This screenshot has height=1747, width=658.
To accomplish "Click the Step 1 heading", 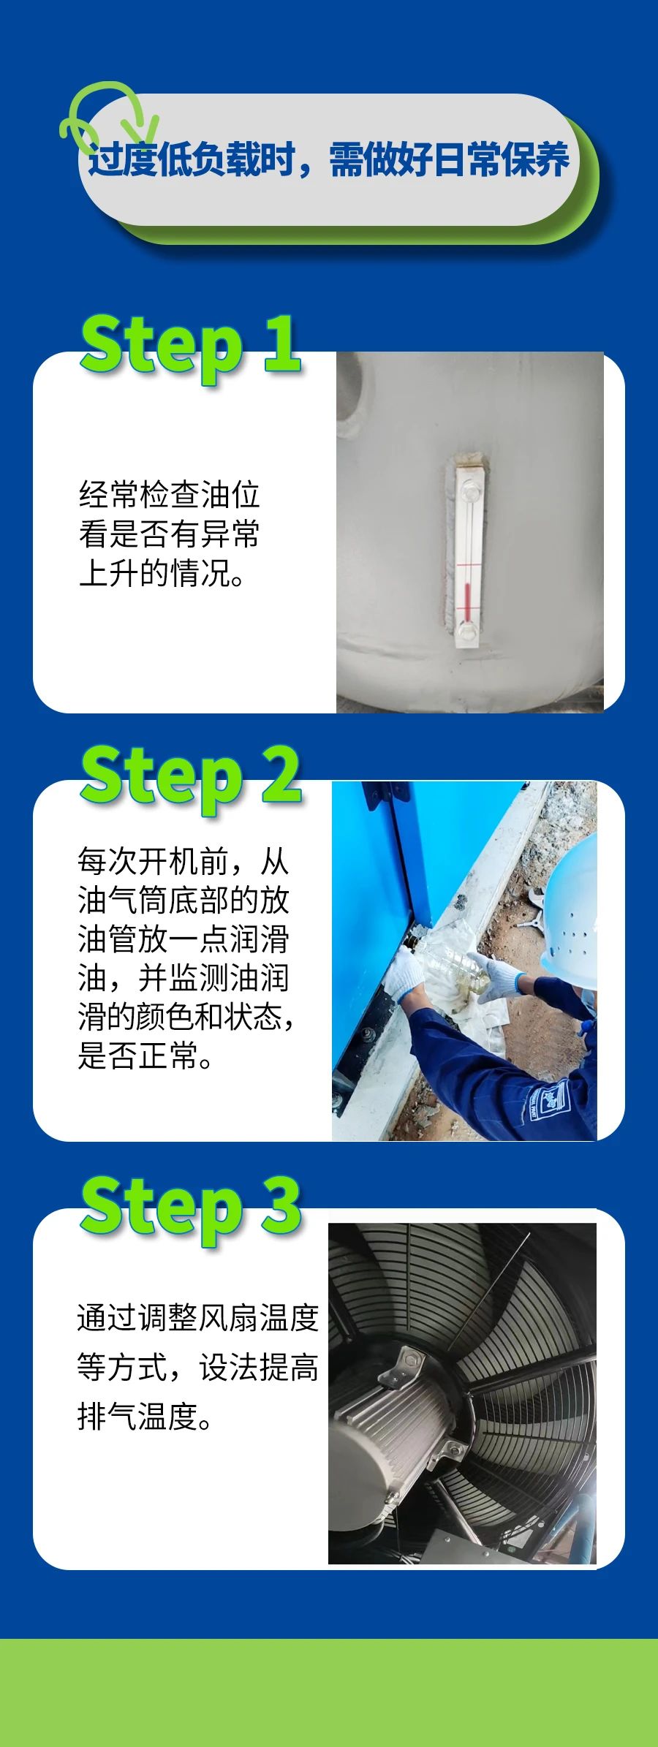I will click(x=190, y=344).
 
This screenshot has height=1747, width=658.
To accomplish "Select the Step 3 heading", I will click(x=190, y=1205).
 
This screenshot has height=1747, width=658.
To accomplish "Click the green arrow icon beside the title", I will click(x=110, y=117).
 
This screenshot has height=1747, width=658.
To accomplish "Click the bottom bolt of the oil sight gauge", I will click(x=466, y=630).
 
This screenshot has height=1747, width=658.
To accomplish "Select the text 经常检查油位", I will click(x=169, y=495).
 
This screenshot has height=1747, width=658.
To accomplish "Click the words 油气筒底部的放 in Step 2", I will click(x=184, y=901).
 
